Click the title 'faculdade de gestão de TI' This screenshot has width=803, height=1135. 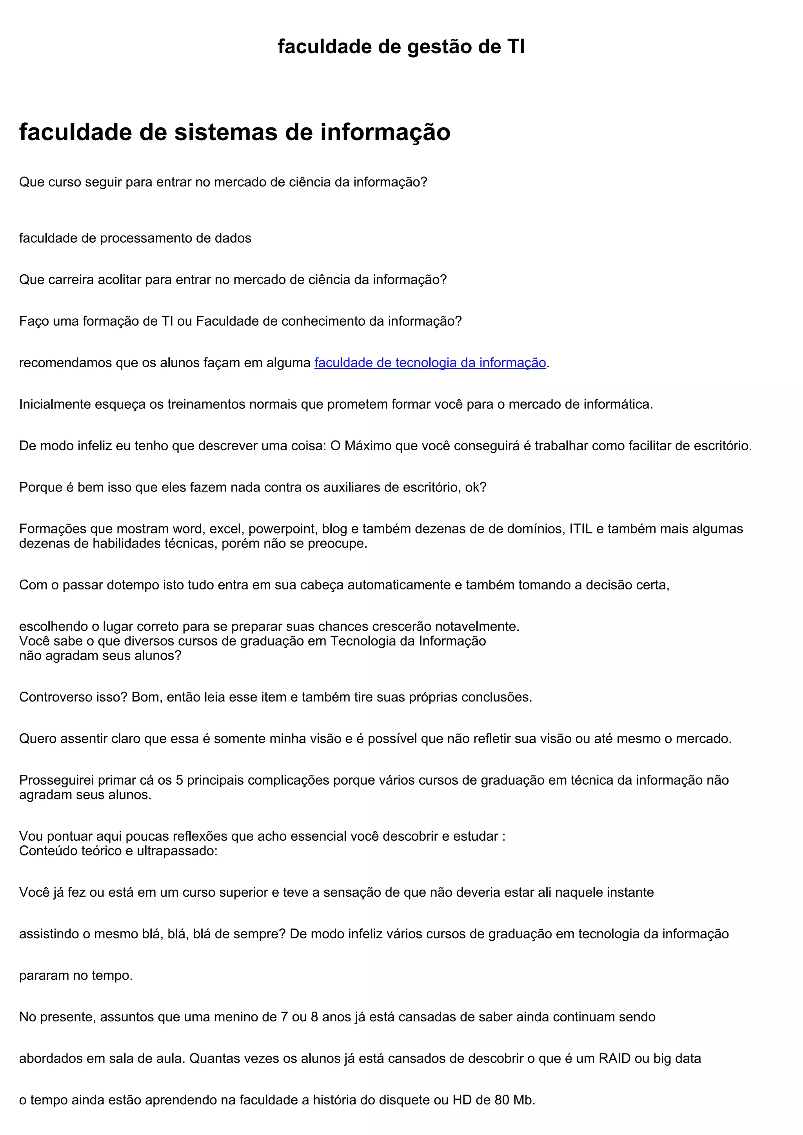[x=401, y=47]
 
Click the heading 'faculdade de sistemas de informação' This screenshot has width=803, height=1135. [x=234, y=132]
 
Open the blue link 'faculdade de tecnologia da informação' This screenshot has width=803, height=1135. [x=430, y=363]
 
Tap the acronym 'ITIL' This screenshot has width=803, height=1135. [x=581, y=529]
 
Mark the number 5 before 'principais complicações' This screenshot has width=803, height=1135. [x=180, y=780]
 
